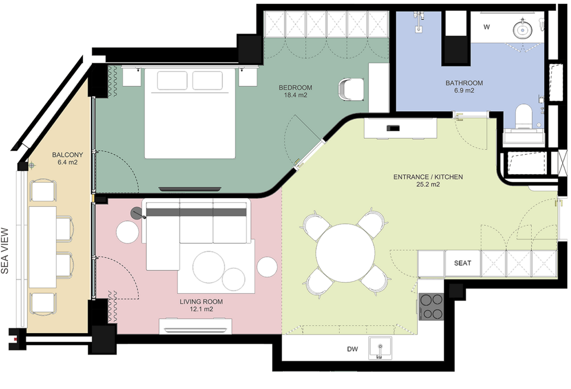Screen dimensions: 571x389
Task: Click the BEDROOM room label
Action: pyautogui.click(x=296, y=88)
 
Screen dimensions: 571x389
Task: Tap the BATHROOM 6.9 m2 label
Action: pyautogui.click(x=464, y=87)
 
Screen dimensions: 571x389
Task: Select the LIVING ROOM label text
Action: pyautogui.click(x=201, y=302)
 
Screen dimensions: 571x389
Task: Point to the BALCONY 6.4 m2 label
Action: pyautogui.click(x=68, y=158)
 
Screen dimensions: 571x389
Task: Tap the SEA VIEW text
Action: pyautogui.click(x=5, y=251)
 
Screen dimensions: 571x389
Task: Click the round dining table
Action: pyautogui.click(x=345, y=252)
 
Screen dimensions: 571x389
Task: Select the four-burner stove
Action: pyautogui.click(x=432, y=307)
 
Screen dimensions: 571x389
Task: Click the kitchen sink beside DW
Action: pyautogui.click(x=380, y=348)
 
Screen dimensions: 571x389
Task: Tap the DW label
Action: pyautogui.click(x=352, y=349)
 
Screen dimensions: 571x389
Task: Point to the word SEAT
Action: pyautogui.click(x=463, y=263)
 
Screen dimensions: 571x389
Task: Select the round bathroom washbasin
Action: pyautogui.click(x=523, y=30)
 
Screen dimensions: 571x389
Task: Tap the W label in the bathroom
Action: pyautogui.click(x=486, y=27)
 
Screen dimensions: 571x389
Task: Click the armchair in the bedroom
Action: pyautogui.click(x=351, y=89)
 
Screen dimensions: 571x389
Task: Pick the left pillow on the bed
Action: pyautogui.click(x=172, y=81)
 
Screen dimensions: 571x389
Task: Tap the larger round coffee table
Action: pyautogui.click(x=209, y=267)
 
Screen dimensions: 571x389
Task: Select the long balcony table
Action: pyautogui.click(x=43, y=247)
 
